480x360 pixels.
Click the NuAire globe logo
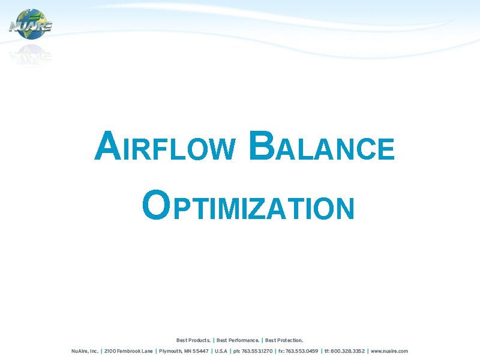click(x=31, y=25)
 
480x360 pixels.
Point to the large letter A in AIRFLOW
click(x=106, y=147)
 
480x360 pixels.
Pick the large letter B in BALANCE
click(x=262, y=147)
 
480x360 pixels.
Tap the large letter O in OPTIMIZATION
click(x=155, y=206)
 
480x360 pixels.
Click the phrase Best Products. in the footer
click(x=193, y=340)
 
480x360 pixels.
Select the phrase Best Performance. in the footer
click(x=238, y=340)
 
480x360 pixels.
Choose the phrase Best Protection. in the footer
click(x=284, y=340)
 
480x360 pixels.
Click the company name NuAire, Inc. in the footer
click(x=85, y=351)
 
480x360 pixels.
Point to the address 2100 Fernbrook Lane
click(x=128, y=351)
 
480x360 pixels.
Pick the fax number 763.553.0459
click(x=298, y=351)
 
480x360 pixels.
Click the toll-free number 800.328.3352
click(x=345, y=351)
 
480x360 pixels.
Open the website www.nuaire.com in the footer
click(x=389, y=351)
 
